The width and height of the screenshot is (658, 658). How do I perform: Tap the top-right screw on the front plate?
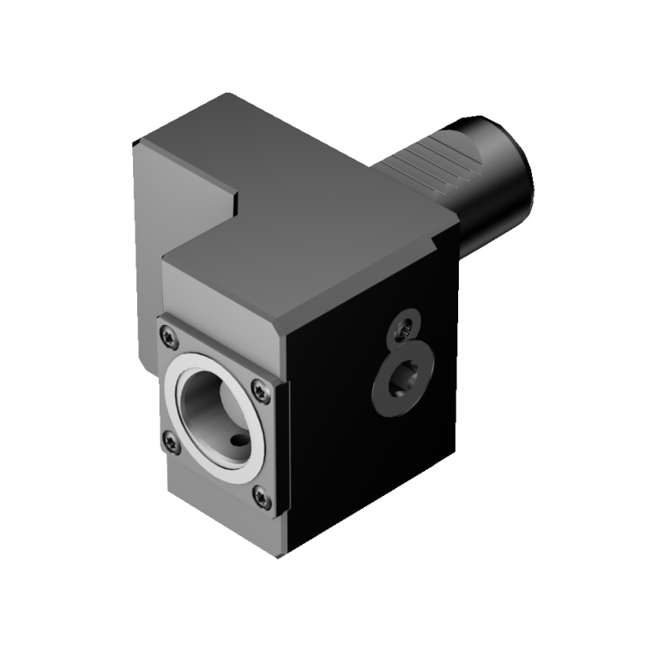[x=261, y=390]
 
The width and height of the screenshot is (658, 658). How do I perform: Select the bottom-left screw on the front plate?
[x=170, y=442]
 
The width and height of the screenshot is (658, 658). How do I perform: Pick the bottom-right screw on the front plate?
[x=260, y=497]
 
